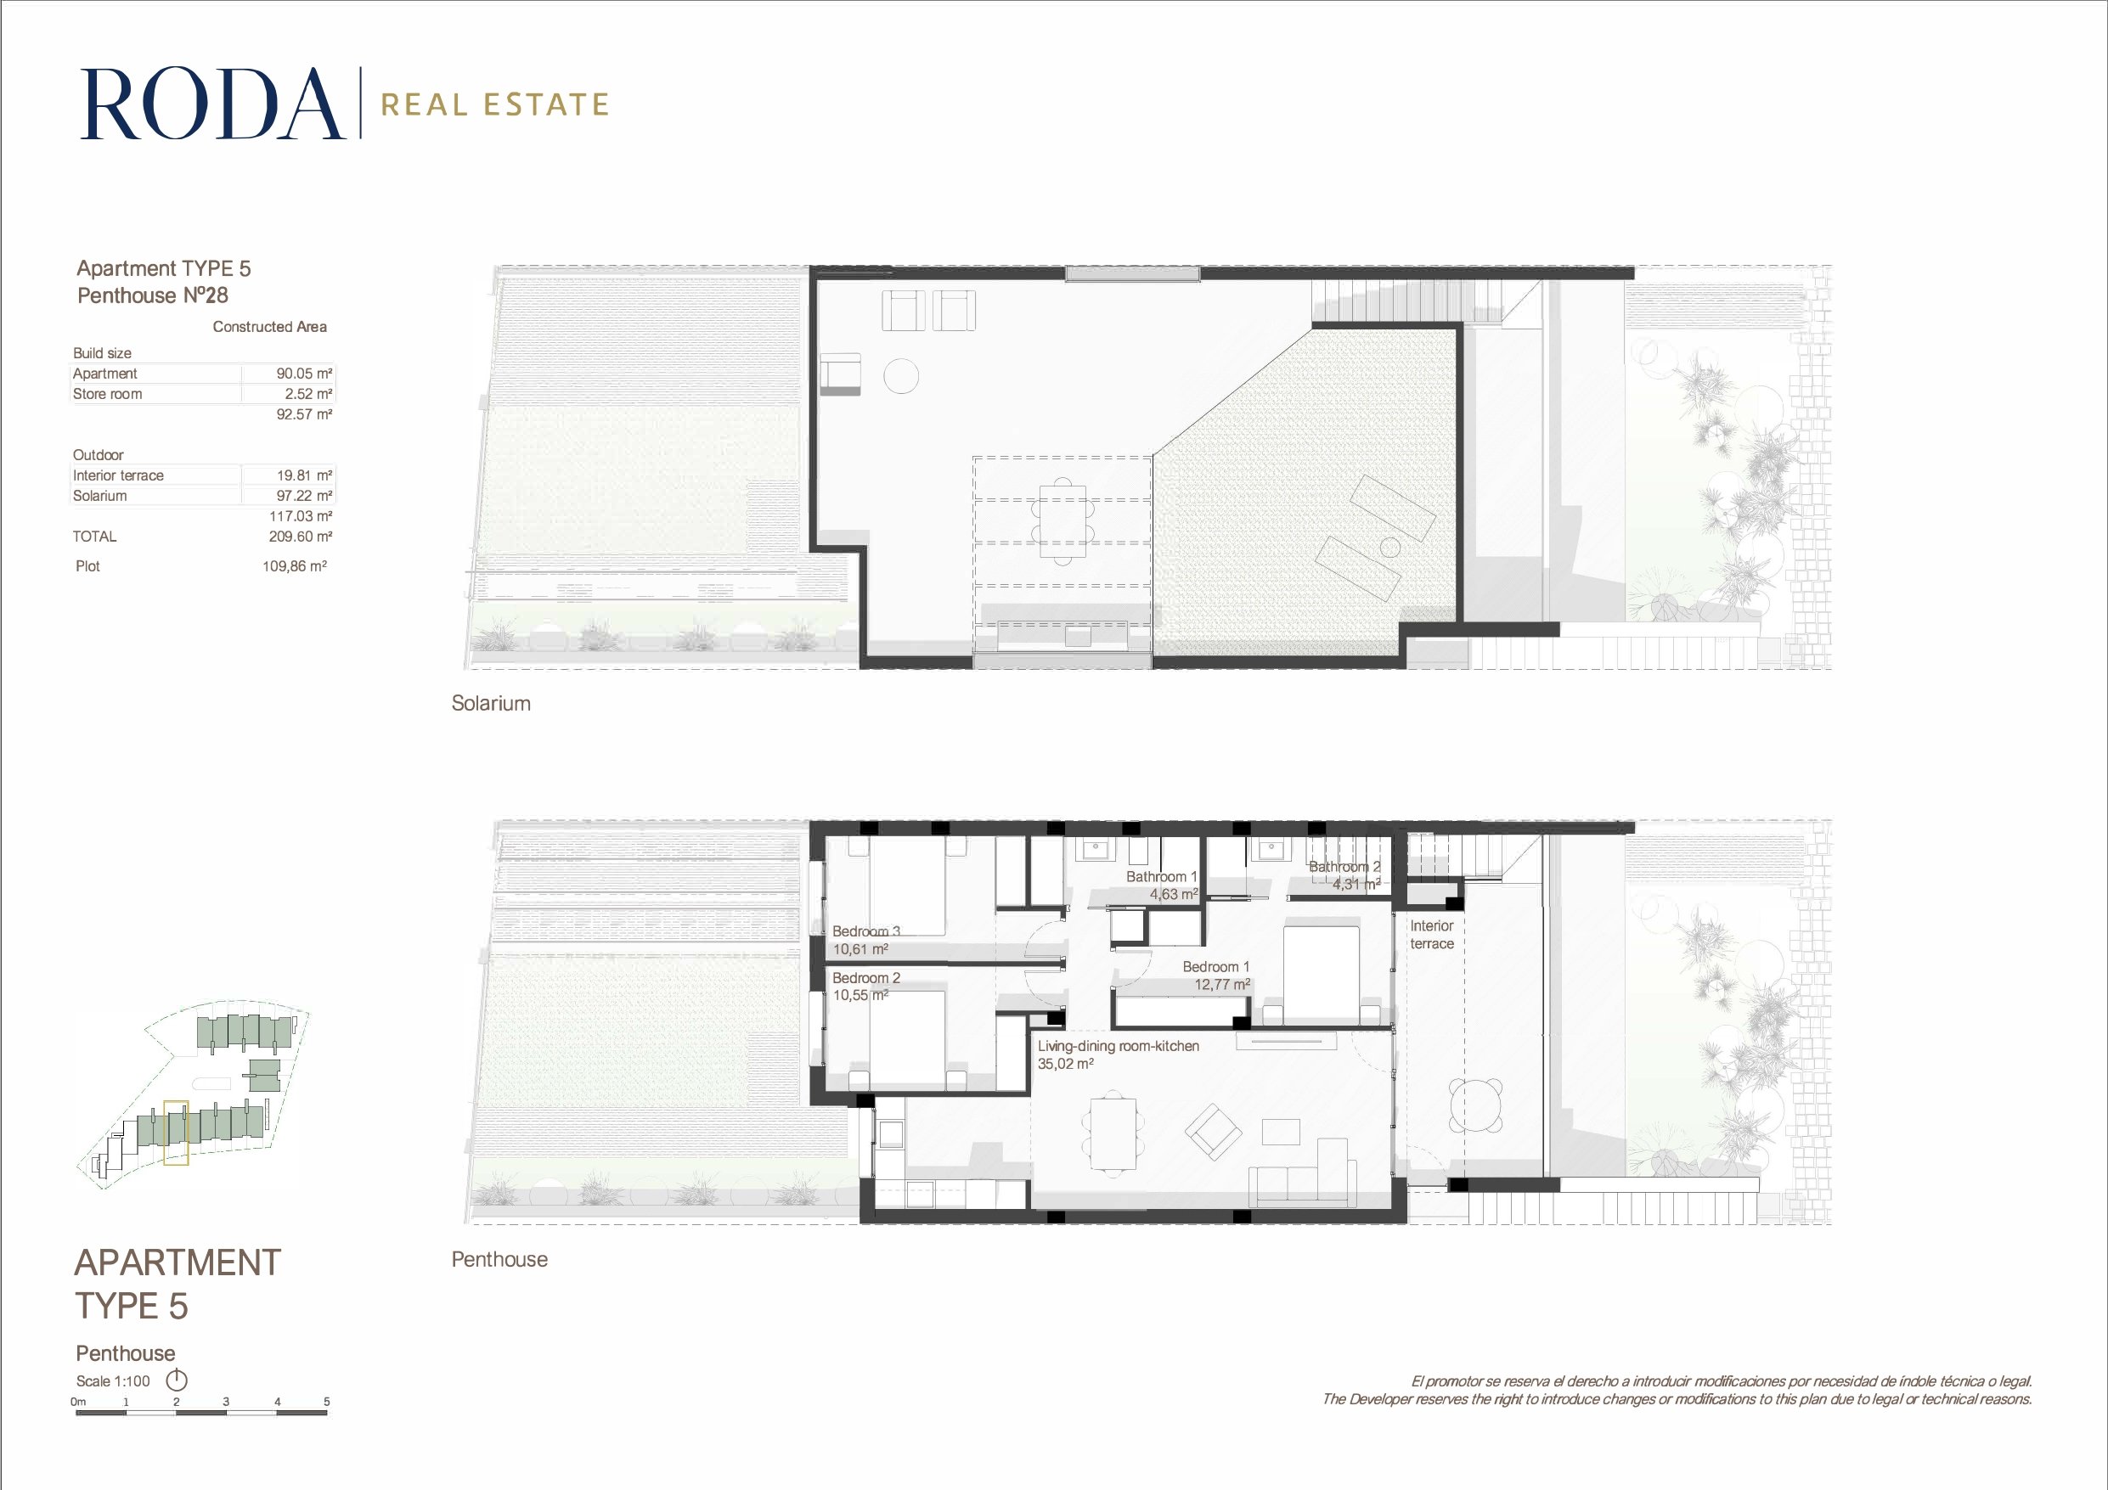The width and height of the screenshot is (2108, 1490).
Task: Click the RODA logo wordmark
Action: (x=213, y=104)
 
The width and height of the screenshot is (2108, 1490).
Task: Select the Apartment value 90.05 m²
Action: (x=304, y=374)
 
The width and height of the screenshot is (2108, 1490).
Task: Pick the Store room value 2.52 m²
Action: (x=307, y=394)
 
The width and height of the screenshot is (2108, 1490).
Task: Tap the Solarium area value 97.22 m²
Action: (x=304, y=496)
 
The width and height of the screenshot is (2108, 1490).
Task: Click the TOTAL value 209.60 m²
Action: (x=300, y=536)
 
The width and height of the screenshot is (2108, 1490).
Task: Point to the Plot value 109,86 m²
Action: (x=295, y=566)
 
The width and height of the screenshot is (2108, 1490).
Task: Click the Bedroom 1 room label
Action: (x=1215, y=967)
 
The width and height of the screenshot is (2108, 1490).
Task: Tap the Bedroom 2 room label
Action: (x=865, y=978)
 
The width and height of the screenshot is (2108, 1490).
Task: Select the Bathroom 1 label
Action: (x=1161, y=877)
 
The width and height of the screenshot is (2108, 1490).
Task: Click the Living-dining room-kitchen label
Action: (x=1119, y=1046)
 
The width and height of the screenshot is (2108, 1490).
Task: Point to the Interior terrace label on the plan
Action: (x=1431, y=935)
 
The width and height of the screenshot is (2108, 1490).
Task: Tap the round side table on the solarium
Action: (x=900, y=375)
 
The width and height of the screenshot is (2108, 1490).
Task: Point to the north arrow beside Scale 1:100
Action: (x=177, y=1380)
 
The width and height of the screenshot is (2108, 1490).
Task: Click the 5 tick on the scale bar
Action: (x=326, y=1402)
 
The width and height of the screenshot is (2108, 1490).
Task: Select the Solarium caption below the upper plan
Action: (x=490, y=703)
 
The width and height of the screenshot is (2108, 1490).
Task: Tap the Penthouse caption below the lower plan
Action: (x=499, y=1260)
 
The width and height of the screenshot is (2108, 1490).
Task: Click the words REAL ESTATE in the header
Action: (x=495, y=104)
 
